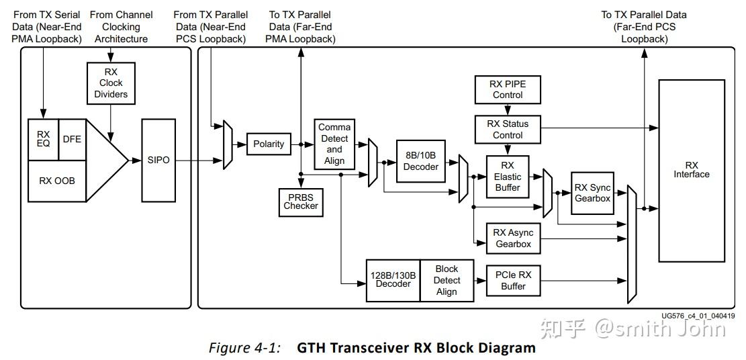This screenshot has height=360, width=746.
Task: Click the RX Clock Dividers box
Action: click(x=111, y=83)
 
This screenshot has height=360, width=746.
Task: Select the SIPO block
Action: click(x=158, y=161)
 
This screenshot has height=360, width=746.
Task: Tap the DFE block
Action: click(x=73, y=140)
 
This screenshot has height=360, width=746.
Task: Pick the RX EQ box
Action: click(x=43, y=140)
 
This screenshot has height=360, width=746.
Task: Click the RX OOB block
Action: click(x=57, y=181)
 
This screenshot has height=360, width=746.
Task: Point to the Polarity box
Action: click(x=269, y=144)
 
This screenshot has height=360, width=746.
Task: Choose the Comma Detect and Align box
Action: click(x=334, y=144)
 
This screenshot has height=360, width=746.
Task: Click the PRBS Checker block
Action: click(x=301, y=201)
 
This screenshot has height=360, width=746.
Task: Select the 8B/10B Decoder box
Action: click(x=420, y=161)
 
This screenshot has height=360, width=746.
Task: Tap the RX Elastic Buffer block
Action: click(x=508, y=177)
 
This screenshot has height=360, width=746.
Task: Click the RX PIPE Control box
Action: click(x=508, y=89)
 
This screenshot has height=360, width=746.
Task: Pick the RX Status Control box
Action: click(x=508, y=130)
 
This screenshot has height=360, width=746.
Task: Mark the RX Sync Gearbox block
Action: click(x=592, y=193)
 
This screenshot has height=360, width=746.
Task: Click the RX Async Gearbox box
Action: click(x=514, y=238)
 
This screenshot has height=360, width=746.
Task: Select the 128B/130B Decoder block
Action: click(x=393, y=281)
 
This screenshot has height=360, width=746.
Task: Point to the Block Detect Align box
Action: click(x=447, y=281)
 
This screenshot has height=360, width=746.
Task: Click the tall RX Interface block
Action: click(x=692, y=171)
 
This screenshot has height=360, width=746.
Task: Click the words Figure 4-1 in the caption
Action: click(x=245, y=348)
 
